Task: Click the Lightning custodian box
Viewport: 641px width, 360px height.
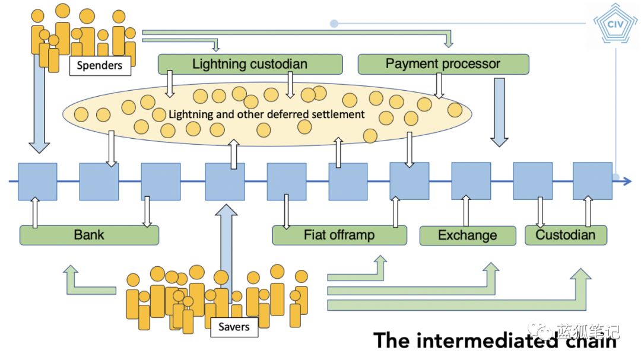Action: (250, 64)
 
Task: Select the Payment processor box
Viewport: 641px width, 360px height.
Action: (443, 64)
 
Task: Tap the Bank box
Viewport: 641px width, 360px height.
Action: (89, 235)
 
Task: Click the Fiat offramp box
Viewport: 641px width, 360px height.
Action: (339, 235)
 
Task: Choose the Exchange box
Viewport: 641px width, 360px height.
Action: (468, 236)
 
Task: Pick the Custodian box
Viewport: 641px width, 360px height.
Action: (566, 235)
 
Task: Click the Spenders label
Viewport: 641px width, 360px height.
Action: (100, 65)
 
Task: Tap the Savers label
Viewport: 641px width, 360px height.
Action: (234, 327)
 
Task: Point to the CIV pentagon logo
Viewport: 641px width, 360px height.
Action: (615, 24)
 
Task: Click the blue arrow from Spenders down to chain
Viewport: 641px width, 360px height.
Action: (39, 104)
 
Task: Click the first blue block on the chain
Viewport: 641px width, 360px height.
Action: (37, 181)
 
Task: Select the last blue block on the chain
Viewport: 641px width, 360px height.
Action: (592, 181)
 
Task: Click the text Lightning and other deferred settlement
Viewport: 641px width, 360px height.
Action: (266, 114)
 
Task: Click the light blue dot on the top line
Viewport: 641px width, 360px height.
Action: (334, 24)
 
